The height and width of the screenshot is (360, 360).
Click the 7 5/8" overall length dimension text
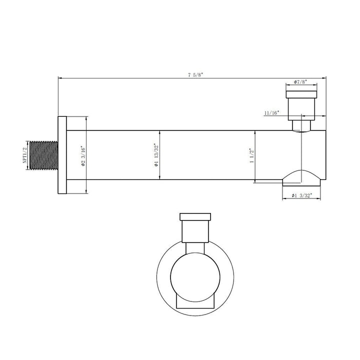(x=195, y=74)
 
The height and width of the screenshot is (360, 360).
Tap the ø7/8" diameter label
(x=301, y=81)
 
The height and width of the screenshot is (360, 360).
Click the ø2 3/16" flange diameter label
(x=83, y=155)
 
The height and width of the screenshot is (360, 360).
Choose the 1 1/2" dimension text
(x=251, y=155)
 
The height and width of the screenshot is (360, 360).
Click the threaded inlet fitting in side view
(x=44, y=155)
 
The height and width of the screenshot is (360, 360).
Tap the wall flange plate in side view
(x=62, y=155)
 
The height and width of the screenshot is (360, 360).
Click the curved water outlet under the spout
(x=301, y=176)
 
